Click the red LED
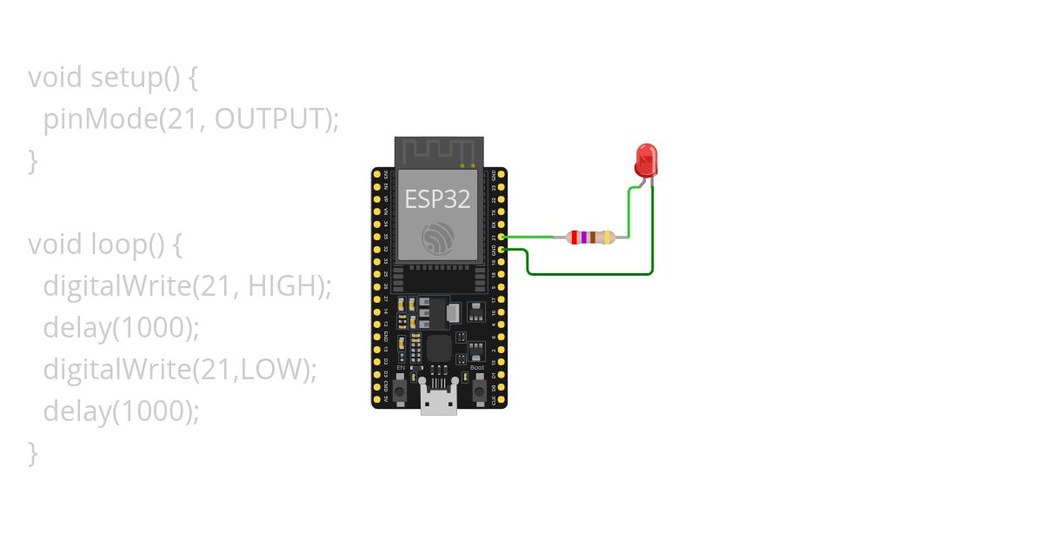(x=645, y=160)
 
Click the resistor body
(x=590, y=237)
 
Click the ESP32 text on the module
(x=437, y=199)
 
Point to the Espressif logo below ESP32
(x=437, y=238)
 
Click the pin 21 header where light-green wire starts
(x=502, y=237)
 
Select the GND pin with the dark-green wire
(x=502, y=250)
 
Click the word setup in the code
(x=125, y=77)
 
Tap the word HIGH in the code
(x=282, y=285)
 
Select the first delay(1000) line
(x=122, y=327)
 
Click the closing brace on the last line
(x=33, y=452)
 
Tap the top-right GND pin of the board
(x=502, y=175)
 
